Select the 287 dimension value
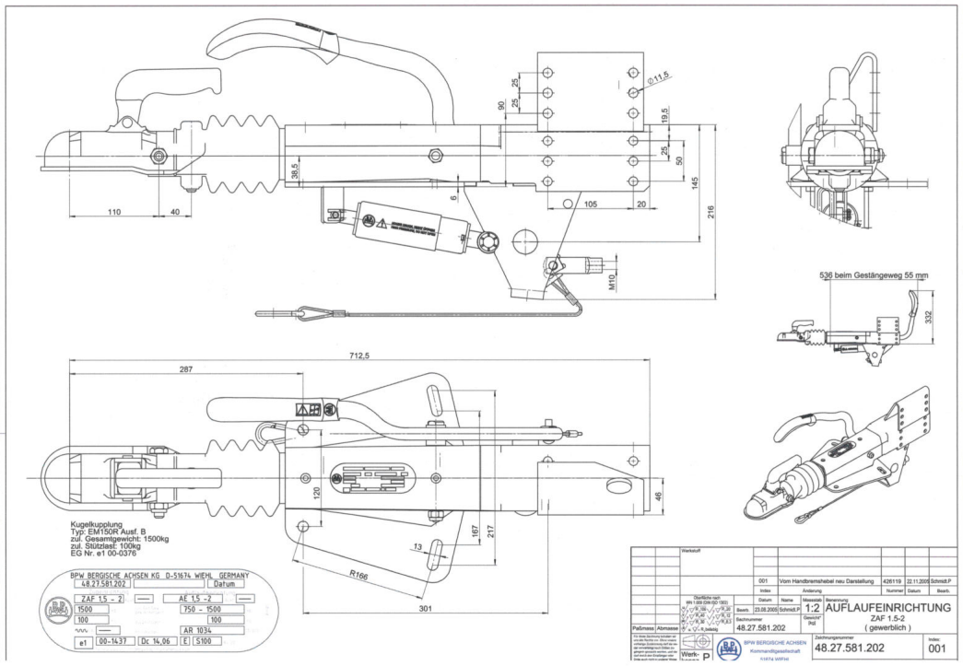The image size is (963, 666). pyautogui.click(x=187, y=369)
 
